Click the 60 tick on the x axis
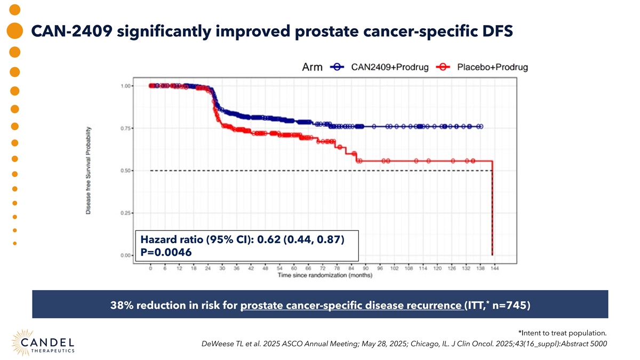[x=294, y=268]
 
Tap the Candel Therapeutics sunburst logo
[x=26, y=342]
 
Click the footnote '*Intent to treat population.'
[x=562, y=333]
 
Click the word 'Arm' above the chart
[x=311, y=67]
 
